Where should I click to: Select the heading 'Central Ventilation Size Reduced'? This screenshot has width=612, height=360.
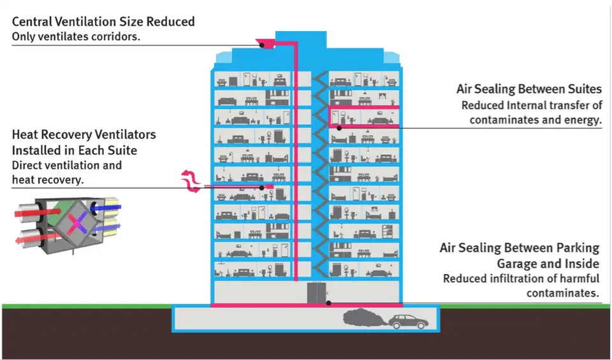click(103, 22)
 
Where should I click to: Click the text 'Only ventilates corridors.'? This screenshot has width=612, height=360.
click(76, 36)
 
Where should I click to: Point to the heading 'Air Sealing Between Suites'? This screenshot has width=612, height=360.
click(529, 89)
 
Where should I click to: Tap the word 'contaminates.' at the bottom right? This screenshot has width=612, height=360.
click(563, 293)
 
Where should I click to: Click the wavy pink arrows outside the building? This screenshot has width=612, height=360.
click(189, 182)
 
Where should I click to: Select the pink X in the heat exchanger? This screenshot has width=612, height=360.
click(76, 222)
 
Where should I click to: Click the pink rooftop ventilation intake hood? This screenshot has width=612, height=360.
click(265, 44)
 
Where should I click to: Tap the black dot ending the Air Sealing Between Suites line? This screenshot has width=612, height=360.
click(339, 127)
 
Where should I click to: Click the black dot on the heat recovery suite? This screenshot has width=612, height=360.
click(262, 187)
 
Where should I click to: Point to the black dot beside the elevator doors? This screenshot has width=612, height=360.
click(329, 302)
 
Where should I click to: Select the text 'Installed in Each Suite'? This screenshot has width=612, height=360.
click(75, 150)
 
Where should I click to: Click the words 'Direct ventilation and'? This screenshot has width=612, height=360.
click(66, 166)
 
